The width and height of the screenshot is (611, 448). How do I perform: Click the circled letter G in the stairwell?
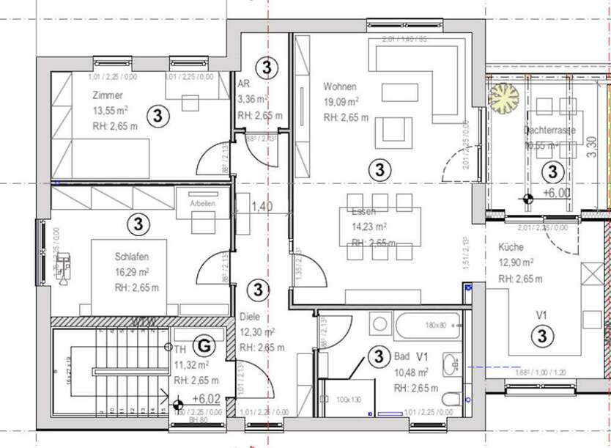click(207, 344)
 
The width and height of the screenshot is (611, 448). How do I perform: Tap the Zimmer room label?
click(108, 95)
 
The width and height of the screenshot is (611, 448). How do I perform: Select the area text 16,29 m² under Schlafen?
click(132, 272)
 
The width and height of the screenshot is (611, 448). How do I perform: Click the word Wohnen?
click(341, 87)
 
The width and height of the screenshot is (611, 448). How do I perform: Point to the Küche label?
click(511, 247)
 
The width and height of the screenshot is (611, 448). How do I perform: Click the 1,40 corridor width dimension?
click(262, 207)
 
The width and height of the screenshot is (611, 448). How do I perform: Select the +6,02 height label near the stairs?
click(207, 399)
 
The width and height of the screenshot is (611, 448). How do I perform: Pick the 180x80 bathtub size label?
click(441, 323)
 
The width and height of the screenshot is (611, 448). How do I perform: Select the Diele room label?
click(251, 317)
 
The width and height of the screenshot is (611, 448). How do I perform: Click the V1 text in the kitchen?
click(542, 315)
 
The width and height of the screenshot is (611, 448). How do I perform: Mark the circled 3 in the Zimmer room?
click(156, 114)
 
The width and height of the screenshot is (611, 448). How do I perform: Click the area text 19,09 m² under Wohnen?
click(341, 102)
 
